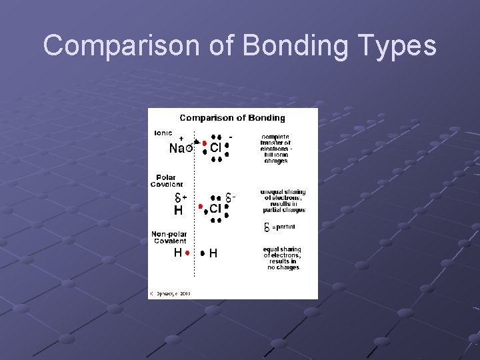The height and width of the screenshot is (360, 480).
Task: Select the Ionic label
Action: tap(163, 133)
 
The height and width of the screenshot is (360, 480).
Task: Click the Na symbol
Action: tap(177, 149)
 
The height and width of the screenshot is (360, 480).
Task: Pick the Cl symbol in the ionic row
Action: tap(215, 149)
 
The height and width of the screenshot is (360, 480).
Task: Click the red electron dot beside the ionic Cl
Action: tap(204, 143)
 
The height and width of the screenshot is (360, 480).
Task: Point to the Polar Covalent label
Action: tap(167, 181)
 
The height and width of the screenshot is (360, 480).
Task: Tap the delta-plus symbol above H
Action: tap(181, 197)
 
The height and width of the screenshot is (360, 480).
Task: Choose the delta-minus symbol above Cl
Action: tap(230, 198)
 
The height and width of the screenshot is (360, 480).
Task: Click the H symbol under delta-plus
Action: tap(178, 211)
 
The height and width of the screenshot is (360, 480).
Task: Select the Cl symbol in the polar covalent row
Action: tap(215, 209)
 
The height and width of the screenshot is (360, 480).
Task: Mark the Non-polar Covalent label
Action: tap(169, 237)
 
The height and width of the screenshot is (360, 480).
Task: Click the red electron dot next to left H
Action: tap(188, 253)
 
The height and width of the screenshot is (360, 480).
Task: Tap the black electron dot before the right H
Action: tap(203, 253)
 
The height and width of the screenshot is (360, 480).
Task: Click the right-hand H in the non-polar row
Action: tap(213, 253)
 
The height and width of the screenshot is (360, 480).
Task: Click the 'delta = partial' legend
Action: tap(280, 227)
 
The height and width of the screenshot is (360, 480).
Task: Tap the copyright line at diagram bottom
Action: tap(171, 293)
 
